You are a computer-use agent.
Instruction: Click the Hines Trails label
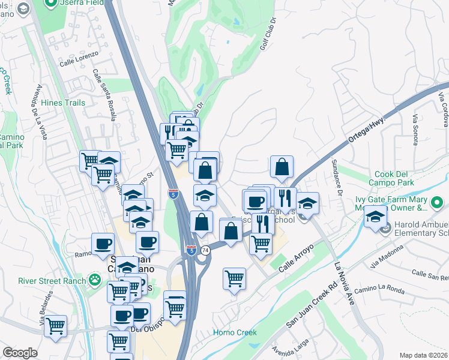(63, 103)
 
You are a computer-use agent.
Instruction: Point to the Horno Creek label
(235, 332)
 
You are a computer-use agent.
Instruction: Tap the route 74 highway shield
(205, 250)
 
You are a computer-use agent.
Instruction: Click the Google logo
(19, 353)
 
